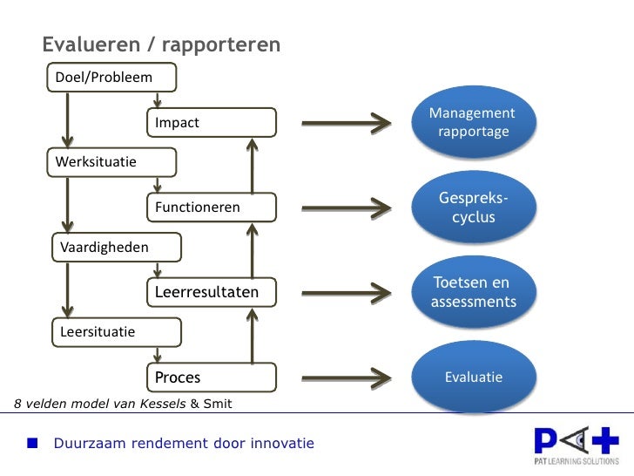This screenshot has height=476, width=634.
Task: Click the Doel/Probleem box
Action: pos(111,78)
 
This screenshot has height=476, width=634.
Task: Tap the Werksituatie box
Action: pos(111,162)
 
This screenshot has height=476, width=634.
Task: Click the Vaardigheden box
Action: pos(116,247)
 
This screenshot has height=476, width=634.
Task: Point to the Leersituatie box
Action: pos(116,331)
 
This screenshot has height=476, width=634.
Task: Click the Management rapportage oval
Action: pos(473,123)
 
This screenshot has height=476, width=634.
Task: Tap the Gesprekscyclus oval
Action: pos(473,207)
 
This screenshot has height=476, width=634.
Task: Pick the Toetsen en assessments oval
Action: pos(473,292)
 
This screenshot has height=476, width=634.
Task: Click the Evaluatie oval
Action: pos(473,377)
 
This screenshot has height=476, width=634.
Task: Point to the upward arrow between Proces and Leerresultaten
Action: pos(253,335)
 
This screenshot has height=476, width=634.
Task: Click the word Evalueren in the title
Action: pos(84,44)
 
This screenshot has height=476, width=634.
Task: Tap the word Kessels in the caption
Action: pos(158,404)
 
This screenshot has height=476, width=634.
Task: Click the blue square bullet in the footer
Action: pos(32,444)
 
